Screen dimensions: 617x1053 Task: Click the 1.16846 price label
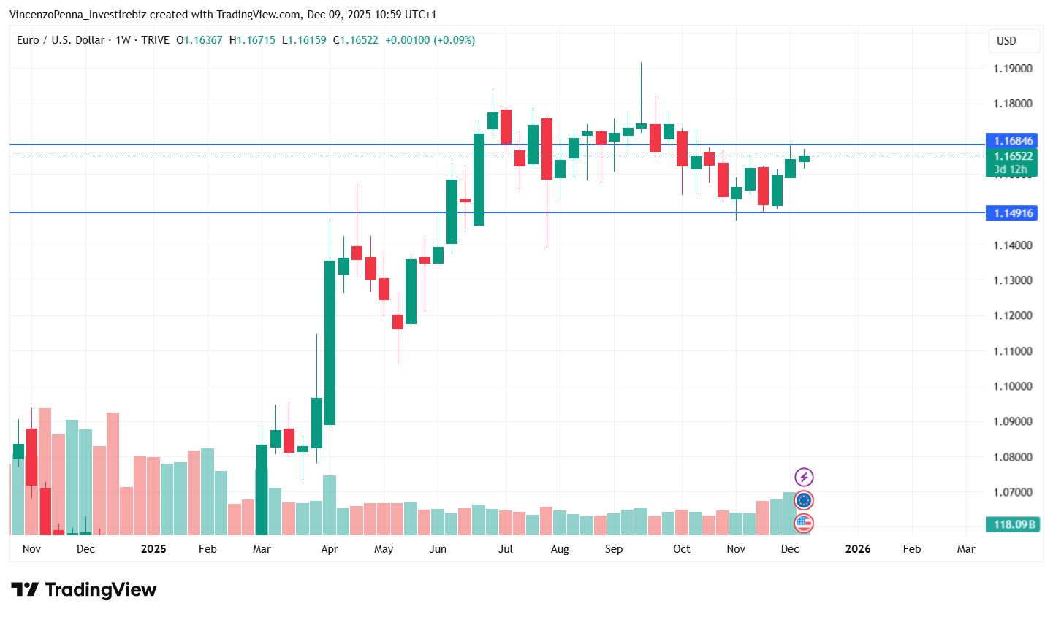pyautogui.click(x=1012, y=141)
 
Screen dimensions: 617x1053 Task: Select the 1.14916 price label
pyautogui.click(x=1012, y=213)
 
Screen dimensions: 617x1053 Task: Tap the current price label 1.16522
pyautogui.click(x=1012, y=156)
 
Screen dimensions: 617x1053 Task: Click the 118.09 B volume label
pyautogui.click(x=1012, y=524)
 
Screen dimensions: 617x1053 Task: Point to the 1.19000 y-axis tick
pyautogui.click(x=1012, y=69)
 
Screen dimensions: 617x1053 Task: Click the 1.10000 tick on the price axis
pyautogui.click(x=1012, y=386)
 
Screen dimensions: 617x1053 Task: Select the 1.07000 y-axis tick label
pyautogui.click(x=1012, y=492)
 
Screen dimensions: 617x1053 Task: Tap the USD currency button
pyautogui.click(x=1006, y=41)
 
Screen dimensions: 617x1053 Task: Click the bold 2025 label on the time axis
pyautogui.click(x=153, y=549)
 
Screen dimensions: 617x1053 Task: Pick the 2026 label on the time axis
pyautogui.click(x=857, y=549)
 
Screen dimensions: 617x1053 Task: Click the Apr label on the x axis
pyautogui.click(x=330, y=549)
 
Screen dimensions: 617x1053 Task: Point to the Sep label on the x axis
pyautogui.click(x=614, y=549)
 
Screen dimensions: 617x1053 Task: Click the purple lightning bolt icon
pyautogui.click(x=804, y=478)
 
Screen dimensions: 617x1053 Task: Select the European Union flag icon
pyautogui.click(x=804, y=500)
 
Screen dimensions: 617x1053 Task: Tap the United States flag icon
pyautogui.click(x=804, y=523)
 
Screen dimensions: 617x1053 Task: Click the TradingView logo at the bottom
pyautogui.click(x=84, y=590)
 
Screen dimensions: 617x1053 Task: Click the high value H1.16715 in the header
pyautogui.click(x=252, y=40)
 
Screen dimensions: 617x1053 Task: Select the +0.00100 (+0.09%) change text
pyautogui.click(x=430, y=40)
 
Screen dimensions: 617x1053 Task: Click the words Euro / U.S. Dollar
pyautogui.click(x=61, y=40)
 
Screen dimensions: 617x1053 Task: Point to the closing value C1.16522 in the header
pyautogui.click(x=355, y=40)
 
